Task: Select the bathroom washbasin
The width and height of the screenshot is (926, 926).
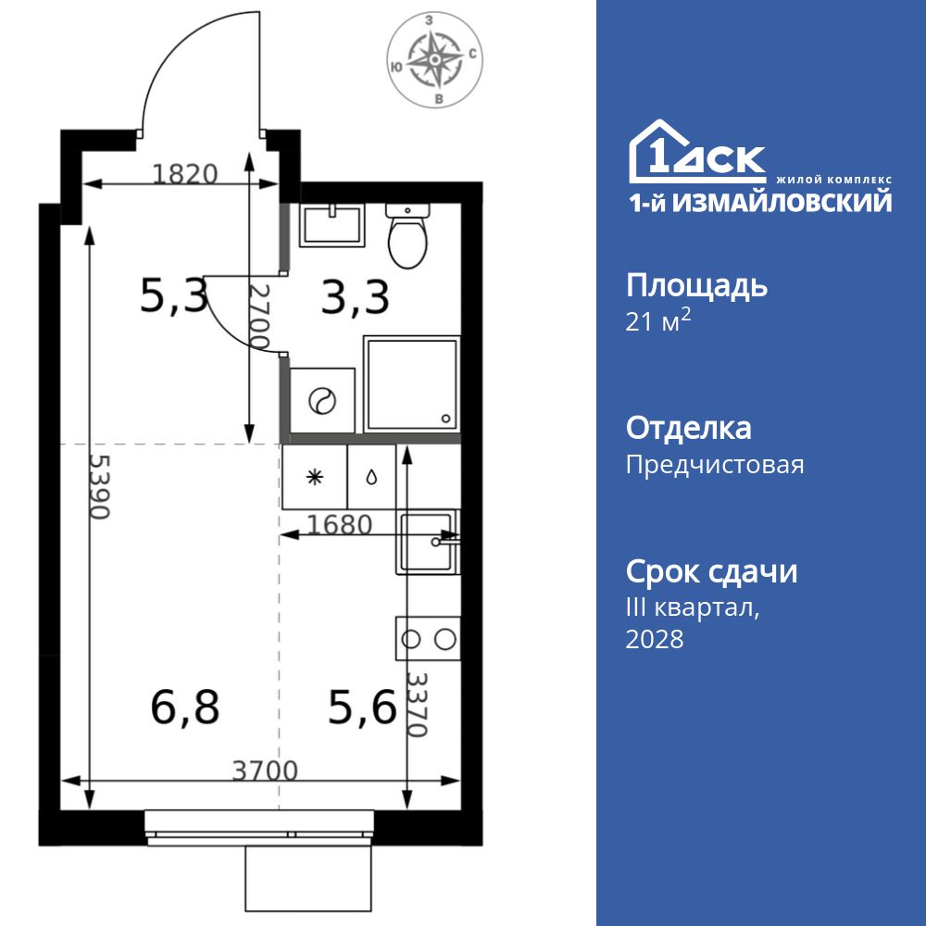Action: pos(331,225)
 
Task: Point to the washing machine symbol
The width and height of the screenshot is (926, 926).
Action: pos(322,401)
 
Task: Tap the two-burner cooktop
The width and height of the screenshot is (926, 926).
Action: pos(428,638)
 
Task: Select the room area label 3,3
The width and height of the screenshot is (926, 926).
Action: pos(355,298)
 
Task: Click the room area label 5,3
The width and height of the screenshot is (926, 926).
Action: pos(173,296)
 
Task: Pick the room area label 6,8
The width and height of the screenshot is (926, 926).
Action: pos(184,709)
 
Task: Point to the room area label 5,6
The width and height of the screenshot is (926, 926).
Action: pos(362,709)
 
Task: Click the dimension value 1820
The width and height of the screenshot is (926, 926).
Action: pos(184,173)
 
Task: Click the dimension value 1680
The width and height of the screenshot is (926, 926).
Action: pos(339,525)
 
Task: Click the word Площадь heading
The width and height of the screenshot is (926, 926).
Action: pos(696,285)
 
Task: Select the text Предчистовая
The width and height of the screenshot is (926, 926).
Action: pos(715,464)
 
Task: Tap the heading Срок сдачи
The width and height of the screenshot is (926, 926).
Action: pos(711,571)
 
